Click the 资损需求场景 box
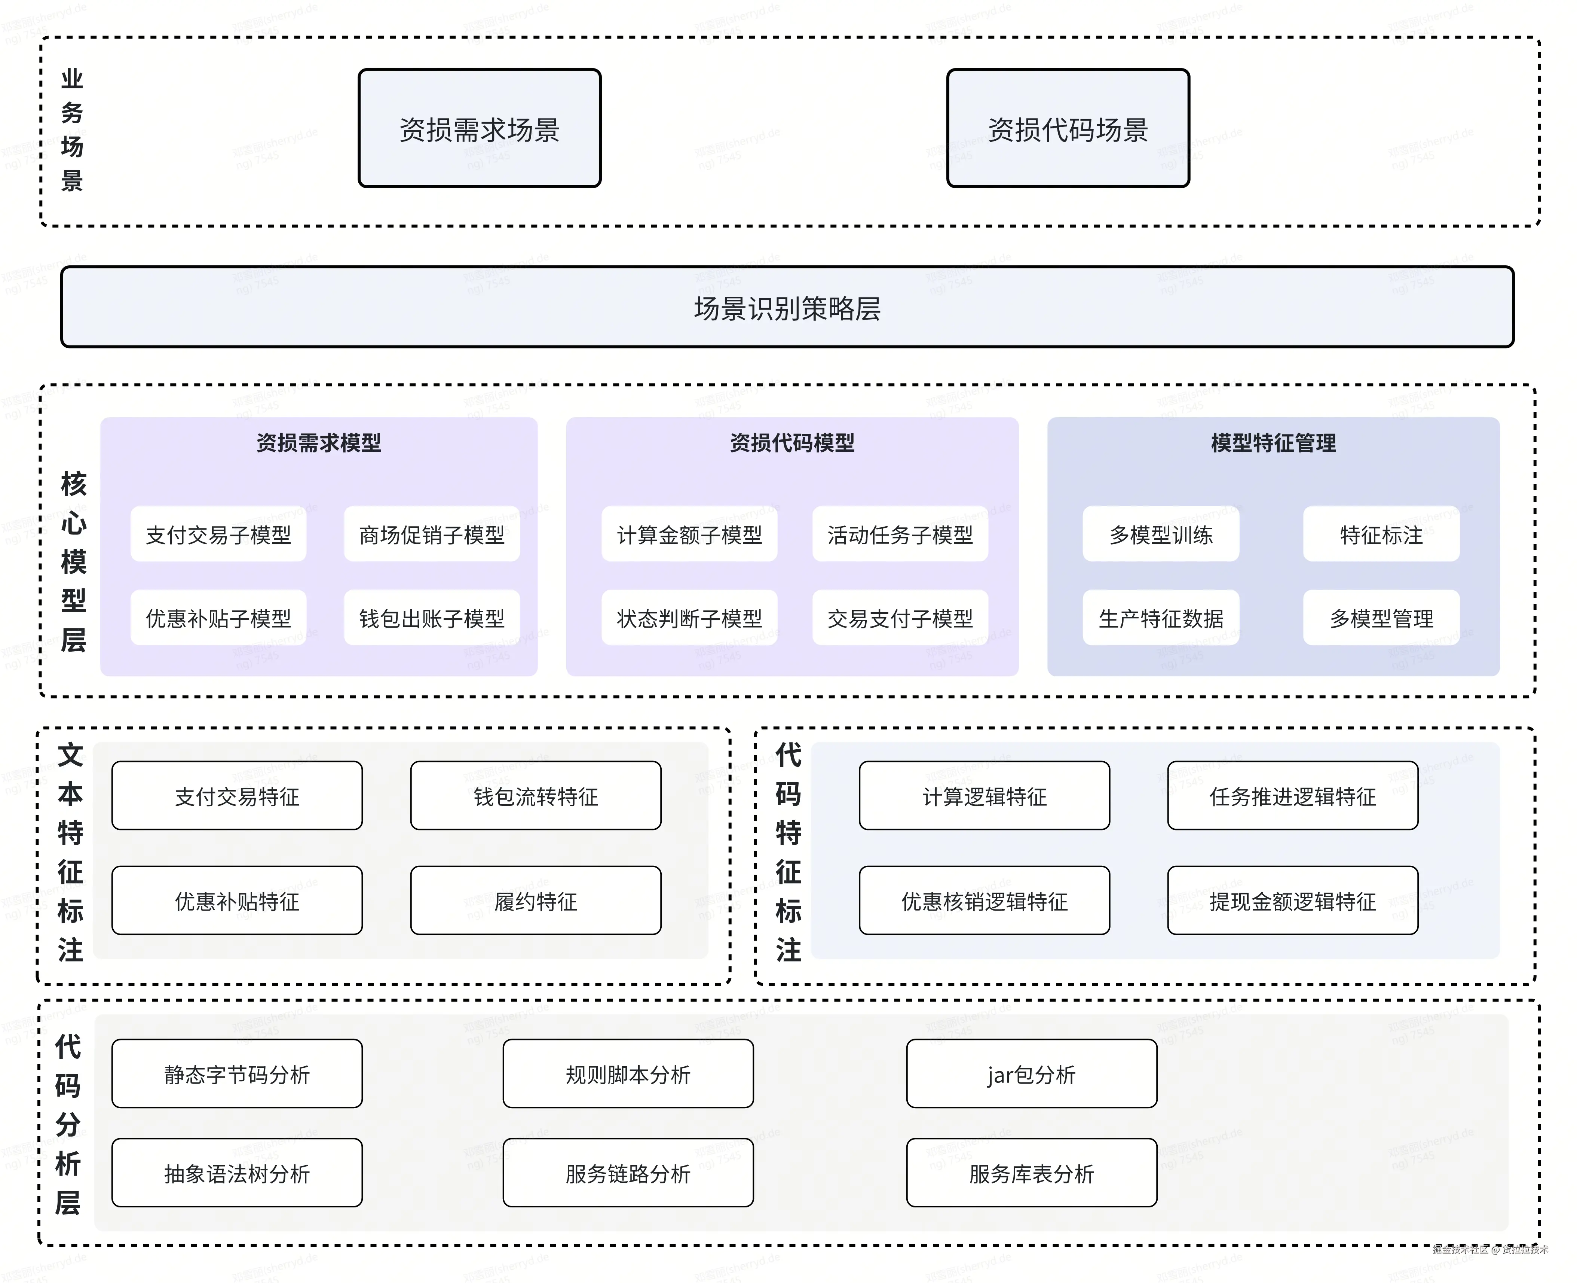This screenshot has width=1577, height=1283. (x=480, y=129)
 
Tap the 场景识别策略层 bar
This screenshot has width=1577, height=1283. (x=787, y=307)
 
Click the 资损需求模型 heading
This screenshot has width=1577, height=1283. (x=318, y=443)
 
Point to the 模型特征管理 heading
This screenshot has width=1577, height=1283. (x=1273, y=443)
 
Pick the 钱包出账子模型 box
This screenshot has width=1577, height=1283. (x=431, y=618)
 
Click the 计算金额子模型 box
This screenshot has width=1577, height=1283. (x=689, y=534)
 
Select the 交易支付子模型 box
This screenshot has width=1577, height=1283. (x=900, y=618)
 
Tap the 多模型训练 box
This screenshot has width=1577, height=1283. (x=1160, y=534)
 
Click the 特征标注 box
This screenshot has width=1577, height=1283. (x=1381, y=534)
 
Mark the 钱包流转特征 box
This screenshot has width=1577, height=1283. (x=536, y=796)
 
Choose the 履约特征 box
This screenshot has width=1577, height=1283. (x=536, y=901)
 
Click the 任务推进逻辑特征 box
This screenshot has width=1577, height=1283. (x=1292, y=796)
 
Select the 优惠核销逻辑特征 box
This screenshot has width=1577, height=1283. (x=984, y=901)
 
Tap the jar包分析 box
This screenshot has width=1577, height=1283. (x=1031, y=1074)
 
